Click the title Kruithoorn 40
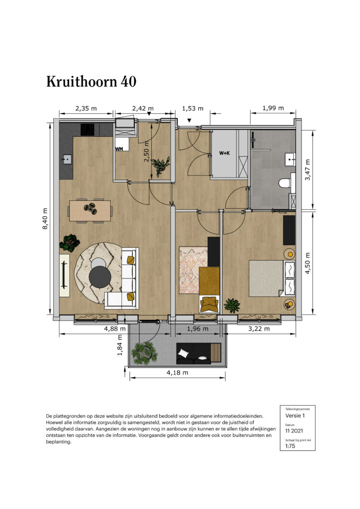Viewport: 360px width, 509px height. (91, 82)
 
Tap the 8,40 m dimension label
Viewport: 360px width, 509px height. (45, 219)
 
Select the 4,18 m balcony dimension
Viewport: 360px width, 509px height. (177, 373)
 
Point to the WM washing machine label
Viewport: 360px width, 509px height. (119, 149)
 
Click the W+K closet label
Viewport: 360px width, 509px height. (224, 153)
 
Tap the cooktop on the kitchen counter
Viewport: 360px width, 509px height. (88, 130)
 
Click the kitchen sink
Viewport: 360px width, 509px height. (67, 160)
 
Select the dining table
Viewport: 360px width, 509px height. (90, 210)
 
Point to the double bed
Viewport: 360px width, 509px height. (272, 278)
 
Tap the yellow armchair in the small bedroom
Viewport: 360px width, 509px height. (209, 304)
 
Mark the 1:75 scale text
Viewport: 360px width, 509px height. (290, 446)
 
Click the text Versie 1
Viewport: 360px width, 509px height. (295, 416)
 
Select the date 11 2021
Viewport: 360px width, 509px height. (294, 431)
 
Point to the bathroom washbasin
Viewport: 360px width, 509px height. (290, 159)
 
